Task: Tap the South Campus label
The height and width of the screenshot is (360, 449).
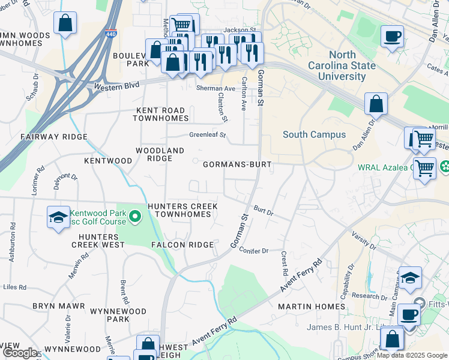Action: click(314, 134)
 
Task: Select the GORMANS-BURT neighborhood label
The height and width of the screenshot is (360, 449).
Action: click(237, 164)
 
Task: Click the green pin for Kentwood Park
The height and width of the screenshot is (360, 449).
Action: click(136, 216)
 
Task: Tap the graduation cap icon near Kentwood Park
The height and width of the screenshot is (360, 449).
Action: click(58, 217)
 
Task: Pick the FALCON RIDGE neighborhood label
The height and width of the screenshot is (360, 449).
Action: click(182, 245)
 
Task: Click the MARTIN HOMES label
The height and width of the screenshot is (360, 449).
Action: click(312, 307)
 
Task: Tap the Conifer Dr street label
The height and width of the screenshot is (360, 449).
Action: click(253, 250)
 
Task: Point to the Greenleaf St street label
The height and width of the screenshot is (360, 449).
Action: click(207, 135)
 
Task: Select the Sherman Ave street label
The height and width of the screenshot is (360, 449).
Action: click(215, 88)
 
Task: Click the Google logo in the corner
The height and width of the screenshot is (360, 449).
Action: click(19, 353)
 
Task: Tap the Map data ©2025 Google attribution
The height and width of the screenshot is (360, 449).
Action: click(412, 355)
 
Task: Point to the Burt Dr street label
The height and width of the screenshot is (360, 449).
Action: click(263, 211)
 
